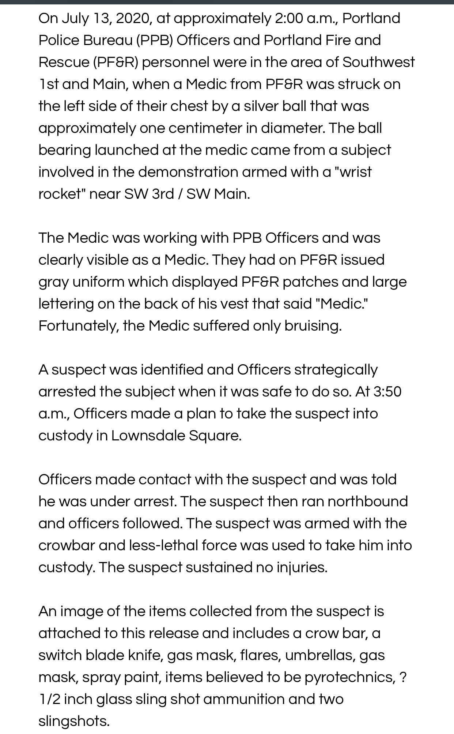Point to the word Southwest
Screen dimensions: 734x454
(378, 62)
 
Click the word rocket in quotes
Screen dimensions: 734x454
(60, 194)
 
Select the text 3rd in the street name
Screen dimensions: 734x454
(163, 194)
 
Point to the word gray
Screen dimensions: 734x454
(53, 282)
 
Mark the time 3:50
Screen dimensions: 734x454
(387, 392)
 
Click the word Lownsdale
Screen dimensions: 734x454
(148, 436)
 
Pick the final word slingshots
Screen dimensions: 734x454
(74, 721)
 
